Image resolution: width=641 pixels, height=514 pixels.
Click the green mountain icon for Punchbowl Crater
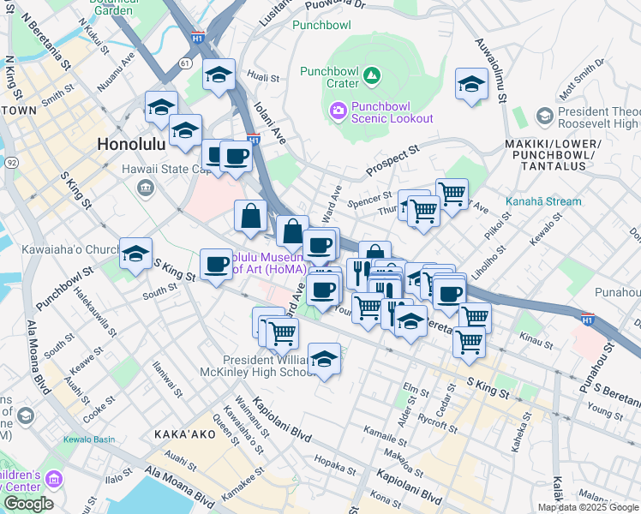(372, 76)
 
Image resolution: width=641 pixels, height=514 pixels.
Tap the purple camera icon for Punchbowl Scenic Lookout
(338, 110)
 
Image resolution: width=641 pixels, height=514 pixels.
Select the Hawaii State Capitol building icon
(145, 187)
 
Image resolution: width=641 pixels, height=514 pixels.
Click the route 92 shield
(11, 161)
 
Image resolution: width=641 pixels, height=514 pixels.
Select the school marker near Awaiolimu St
(470, 85)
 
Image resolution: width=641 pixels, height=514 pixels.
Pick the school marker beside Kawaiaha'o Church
(135, 254)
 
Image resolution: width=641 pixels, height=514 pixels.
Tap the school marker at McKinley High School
(324, 359)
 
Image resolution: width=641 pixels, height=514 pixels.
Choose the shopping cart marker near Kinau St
(469, 341)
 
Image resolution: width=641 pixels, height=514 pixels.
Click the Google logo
(28, 504)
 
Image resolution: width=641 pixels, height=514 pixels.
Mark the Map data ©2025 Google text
(588, 507)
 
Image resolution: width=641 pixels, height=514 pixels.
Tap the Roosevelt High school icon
(544, 115)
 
